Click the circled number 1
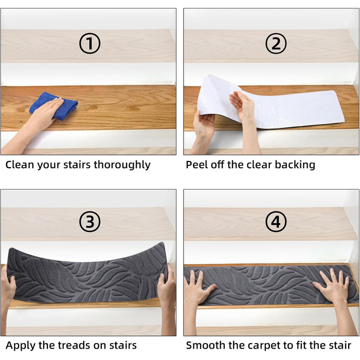pyautogui.click(x=90, y=43)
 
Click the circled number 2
pyautogui.click(x=276, y=43)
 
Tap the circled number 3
pyautogui.click(x=90, y=222)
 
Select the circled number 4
pyautogui.click(x=276, y=222)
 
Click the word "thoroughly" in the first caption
pyautogui.click(x=122, y=165)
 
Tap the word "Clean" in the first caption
pyautogui.click(x=20, y=165)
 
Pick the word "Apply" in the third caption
pyautogui.click(x=21, y=346)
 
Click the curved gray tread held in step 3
pyautogui.click(x=87, y=274)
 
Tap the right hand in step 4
pyautogui.click(x=333, y=287)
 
